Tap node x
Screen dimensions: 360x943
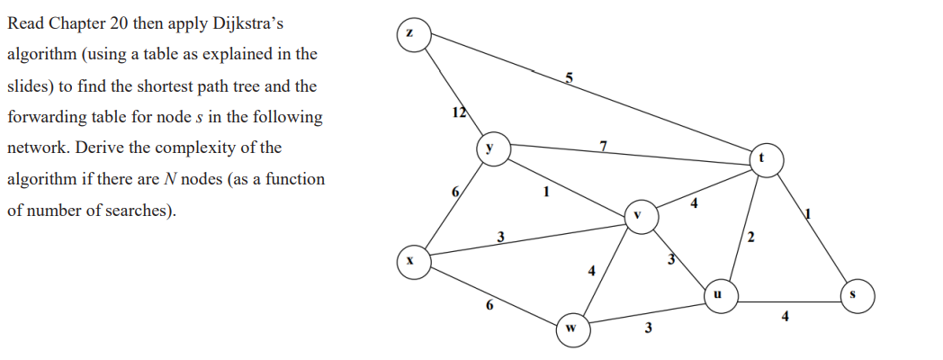click(410, 259)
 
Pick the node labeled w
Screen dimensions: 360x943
click(570, 328)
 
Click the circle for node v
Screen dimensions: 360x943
click(638, 216)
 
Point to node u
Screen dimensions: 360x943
click(717, 294)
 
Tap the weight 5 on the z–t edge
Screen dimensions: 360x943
click(569, 78)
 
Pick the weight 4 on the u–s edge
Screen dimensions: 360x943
click(786, 316)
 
